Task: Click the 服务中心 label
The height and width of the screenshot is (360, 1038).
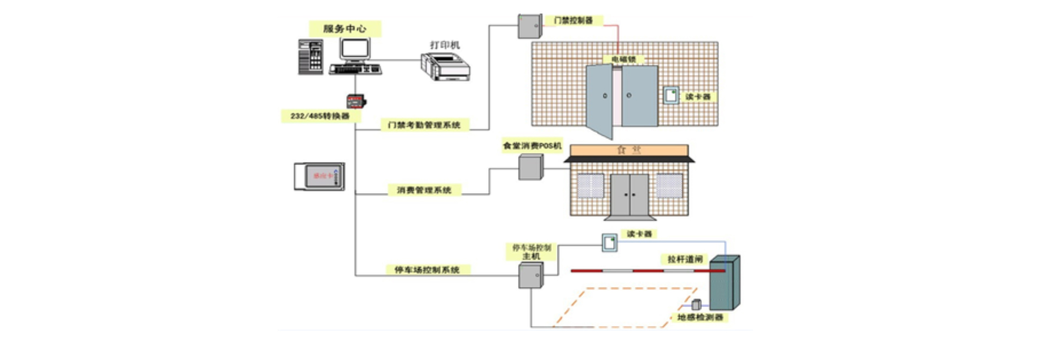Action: pos(345,29)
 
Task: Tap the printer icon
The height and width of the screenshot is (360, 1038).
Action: pos(445,67)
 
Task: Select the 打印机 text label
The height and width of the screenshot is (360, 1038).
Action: pos(445,45)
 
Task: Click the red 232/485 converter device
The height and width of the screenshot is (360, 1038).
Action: pos(355,101)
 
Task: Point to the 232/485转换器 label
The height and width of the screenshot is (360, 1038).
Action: pos(320,116)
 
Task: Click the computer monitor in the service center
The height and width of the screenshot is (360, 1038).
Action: pos(355,50)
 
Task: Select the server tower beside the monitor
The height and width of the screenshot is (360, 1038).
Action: pos(311,57)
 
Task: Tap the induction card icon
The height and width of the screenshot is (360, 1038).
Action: pos(320,176)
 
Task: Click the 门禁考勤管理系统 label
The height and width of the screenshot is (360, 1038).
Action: pos(424,125)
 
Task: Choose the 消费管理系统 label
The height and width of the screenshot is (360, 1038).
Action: pos(424,190)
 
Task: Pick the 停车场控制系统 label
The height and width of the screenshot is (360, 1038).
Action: pos(427,270)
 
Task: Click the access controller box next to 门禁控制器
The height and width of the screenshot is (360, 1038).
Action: pos(530,26)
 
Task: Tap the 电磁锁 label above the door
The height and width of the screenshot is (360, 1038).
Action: pos(623,59)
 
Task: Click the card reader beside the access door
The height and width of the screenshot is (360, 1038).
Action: pos(671,96)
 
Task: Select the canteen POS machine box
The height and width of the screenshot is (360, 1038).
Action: pos(531,167)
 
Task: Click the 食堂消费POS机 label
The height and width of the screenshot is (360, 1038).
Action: pos(532,145)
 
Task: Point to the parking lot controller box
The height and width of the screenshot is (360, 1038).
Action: pos(531,276)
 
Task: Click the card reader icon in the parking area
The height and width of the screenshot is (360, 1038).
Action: pos(610,243)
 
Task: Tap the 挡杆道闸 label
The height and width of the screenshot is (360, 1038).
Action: pos(685,259)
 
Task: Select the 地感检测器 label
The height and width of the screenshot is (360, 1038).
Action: pos(700,317)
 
